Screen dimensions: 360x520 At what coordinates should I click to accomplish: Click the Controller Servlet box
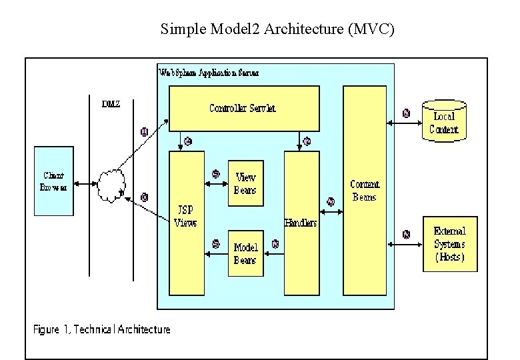point(243,108)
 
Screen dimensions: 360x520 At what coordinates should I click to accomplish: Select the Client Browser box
point(54,181)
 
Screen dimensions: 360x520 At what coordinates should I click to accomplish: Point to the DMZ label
point(111,104)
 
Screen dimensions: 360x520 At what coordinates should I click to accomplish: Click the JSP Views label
point(185,217)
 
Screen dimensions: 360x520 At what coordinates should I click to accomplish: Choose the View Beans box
point(245,183)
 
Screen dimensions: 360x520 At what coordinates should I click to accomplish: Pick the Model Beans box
point(245,253)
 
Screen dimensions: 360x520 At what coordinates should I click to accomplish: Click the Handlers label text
point(301,223)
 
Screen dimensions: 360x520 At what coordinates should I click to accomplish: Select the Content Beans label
point(364,191)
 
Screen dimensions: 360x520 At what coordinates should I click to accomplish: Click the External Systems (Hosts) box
point(450,244)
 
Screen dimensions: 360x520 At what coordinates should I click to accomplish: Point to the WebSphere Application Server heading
point(209,72)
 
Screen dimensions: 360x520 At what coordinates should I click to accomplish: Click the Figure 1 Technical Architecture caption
point(102,329)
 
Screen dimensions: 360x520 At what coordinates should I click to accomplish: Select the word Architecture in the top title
point(305,29)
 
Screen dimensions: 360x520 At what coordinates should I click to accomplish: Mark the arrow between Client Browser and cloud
point(85,183)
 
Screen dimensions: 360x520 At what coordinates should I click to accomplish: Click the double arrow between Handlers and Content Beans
point(331,212)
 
